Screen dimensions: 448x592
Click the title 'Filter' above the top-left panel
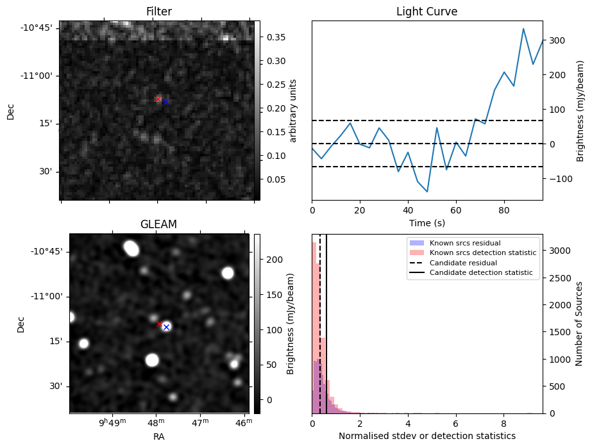pos(158,12)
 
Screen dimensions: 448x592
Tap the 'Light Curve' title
pos(427,12)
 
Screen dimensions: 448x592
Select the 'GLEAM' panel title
pos(158,224)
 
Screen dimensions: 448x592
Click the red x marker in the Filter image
pos(158,99)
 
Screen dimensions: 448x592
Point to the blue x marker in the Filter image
pos(165,102)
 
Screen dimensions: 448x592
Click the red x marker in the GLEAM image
pos(159,324)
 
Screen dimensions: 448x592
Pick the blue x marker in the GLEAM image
pos(166,327)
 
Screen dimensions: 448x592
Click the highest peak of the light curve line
pos(523,29)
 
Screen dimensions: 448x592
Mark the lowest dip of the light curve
pos(427,192)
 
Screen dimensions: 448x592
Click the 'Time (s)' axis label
pos(427,223)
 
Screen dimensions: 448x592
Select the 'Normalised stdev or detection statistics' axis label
pos(427,436)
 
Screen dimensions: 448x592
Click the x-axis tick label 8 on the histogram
pos(503,424)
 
